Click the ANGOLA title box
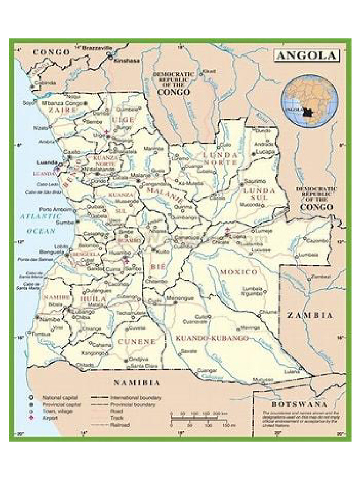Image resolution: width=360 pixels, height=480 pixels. (x=306, y=56)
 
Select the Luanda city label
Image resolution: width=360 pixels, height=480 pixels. (x=46, y=162)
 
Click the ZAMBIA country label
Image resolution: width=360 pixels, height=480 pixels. (x=310, y=315)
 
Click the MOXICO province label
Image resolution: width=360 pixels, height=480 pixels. (x=239, y=272)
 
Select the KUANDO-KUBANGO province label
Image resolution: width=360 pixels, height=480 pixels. (x=212, y=338)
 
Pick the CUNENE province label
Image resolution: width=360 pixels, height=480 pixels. (x=136, y=342)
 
